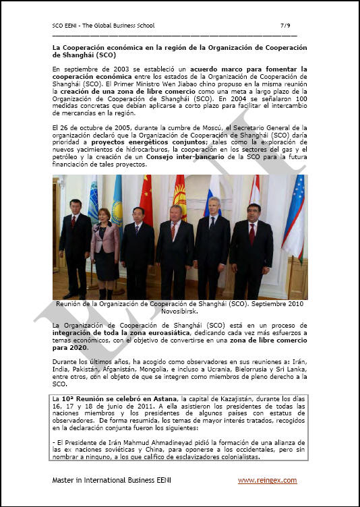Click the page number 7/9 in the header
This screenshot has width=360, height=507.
click(285, 25)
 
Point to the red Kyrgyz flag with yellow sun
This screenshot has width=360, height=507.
click(180, 199)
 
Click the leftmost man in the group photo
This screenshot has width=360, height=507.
click(73, 249)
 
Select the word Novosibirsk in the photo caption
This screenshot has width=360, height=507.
click(181, 311)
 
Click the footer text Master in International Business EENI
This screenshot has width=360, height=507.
click(108, 480)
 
